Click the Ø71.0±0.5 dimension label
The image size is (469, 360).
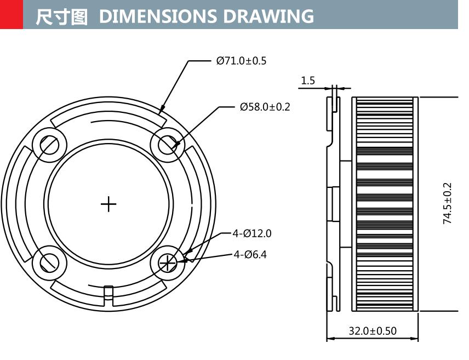(241, 61)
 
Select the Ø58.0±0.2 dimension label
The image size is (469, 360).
(265, 107)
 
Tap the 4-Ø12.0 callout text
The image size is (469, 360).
(251, 233)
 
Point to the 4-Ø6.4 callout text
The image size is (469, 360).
(250, 254)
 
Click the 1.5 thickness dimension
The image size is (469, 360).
(308, 81)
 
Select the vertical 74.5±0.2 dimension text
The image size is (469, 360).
(448, 203)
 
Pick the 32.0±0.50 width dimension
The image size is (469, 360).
(373, 331)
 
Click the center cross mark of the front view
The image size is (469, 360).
(108, 204)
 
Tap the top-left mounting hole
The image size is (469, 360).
(49, 145)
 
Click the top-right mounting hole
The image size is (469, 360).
(168, 145)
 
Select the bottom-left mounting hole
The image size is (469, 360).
(49, 263)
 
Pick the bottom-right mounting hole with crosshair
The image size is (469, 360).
(168, 263)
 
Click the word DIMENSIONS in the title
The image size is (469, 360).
(159, 16)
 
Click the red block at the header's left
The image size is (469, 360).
(12, 14)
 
